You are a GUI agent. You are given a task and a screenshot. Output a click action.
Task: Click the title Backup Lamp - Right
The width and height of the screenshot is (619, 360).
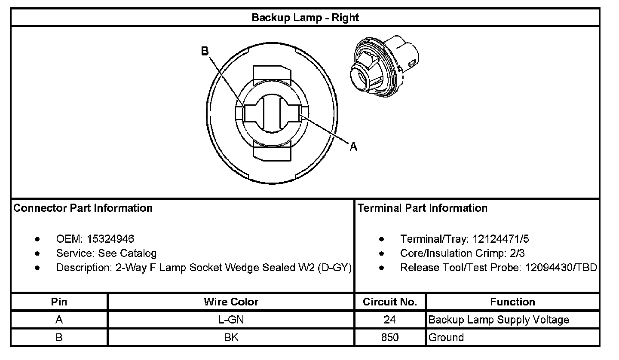coord(305,18)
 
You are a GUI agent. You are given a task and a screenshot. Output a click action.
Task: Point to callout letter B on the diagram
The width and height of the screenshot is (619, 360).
coord(205,52)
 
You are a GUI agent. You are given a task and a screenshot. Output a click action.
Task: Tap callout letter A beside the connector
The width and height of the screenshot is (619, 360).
coord(353,147)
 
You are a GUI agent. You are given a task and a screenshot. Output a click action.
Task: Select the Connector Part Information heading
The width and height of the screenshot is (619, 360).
coord(83,208)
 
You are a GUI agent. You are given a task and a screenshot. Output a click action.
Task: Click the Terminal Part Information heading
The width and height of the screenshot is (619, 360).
coord(423,208)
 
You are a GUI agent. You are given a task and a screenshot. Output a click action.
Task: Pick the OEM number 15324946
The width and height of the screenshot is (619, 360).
coord(110,239)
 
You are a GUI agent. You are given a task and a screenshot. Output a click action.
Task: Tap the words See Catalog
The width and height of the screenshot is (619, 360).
coord(127,253)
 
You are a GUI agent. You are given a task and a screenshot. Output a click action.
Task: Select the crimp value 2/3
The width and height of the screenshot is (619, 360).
coord(516,253)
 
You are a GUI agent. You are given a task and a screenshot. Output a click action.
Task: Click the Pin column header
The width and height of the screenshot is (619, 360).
coord(59,302)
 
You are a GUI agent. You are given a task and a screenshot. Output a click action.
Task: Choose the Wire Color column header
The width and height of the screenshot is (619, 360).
coord(231,302)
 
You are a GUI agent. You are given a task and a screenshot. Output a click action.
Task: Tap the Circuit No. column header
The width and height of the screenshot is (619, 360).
coord(390,302)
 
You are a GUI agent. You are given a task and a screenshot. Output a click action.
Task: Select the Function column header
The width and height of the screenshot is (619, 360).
coord(512,302)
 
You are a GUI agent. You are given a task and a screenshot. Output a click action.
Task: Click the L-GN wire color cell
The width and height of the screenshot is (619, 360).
coord(231,320)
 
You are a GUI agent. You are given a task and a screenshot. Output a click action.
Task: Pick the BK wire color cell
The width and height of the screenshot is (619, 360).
coord(231,337)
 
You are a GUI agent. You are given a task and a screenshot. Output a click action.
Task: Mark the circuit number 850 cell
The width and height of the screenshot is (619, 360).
coord(390,337)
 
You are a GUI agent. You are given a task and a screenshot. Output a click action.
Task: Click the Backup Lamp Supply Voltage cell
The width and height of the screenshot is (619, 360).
coord(499,320)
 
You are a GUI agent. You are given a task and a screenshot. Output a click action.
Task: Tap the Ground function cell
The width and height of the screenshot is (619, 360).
coord(446,337)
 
